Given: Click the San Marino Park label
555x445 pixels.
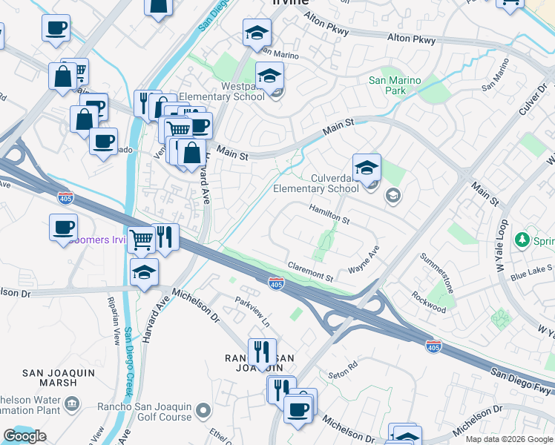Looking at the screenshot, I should [394, 85].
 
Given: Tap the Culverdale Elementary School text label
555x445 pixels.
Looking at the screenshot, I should [315, 183].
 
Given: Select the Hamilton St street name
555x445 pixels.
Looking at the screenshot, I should [329, 215].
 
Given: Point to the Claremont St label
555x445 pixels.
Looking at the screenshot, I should [310, 271].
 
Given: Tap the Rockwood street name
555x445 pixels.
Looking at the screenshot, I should [430, 302].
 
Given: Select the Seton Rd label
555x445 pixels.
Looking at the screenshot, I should [343, 367].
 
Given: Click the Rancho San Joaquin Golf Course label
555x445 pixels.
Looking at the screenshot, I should [145, 412].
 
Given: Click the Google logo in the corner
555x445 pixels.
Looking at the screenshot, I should [24, 436].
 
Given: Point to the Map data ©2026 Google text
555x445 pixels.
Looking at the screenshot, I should [509, 439].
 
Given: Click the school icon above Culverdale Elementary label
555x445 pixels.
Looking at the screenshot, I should [367, 168].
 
